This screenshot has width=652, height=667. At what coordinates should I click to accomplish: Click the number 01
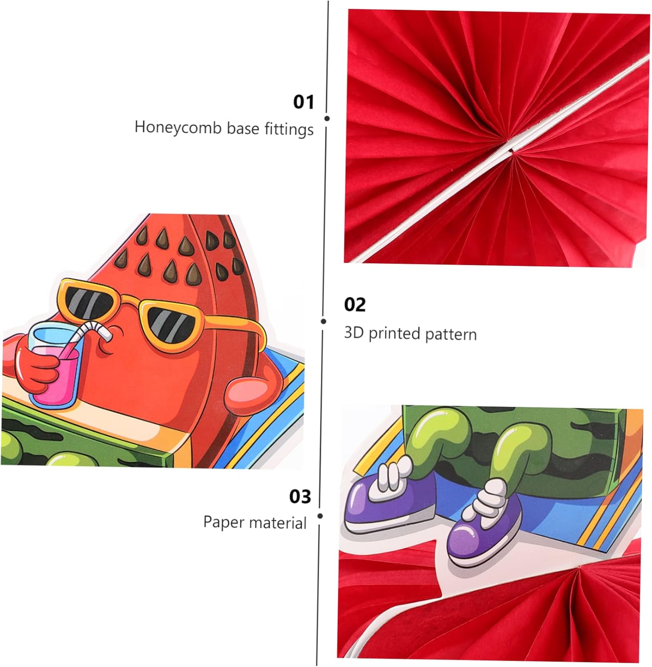(x=304, y=102)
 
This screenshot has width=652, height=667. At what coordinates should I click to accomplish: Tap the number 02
(x=355, y=305)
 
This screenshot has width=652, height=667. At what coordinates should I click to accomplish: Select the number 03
(x=300, y=496)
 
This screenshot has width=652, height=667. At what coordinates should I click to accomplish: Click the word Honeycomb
(x=178, y=128)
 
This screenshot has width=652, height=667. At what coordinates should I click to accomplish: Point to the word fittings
(x=289, y=129)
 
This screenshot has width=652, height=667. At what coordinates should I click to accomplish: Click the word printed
(x=394, y=333)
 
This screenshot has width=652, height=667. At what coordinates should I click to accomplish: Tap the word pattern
(x=451, y=334)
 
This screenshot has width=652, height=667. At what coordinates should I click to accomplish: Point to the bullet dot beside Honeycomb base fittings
(x=327, y=118)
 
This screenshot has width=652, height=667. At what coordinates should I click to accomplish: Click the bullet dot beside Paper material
(x=320, y=516)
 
